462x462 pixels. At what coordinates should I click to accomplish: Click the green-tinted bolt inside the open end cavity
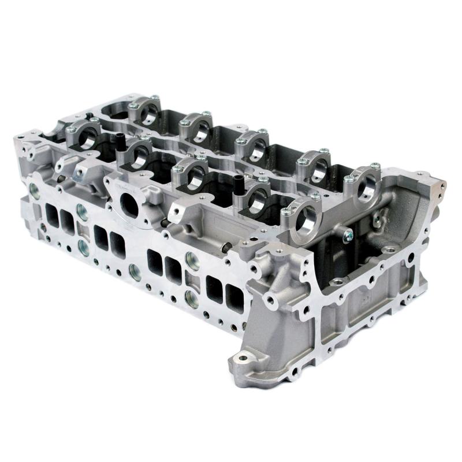point(348,234)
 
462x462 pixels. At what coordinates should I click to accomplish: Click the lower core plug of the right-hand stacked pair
point(192,298)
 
